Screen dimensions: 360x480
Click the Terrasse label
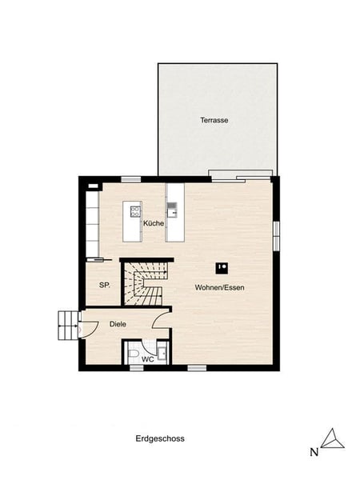[214, 120]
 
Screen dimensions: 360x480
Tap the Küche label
[154, 223]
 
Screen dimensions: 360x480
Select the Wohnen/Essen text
[219, 288]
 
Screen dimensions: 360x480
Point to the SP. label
[105, 286]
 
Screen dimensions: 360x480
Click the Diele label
[118, 324]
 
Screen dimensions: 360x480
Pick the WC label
[148, 360]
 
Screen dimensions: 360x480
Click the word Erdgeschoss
[160, 438]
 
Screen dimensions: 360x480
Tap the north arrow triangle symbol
[333, 439]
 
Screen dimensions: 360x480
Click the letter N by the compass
[314, 453]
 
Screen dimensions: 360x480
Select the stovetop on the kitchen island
[135, 211]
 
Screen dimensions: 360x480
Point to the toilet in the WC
[134, 354]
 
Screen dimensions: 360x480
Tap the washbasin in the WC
[162, 353]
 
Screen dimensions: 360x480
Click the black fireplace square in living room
[222, 268]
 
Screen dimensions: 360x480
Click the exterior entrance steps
[68, 326]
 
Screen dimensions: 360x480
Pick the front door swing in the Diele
[89, 330]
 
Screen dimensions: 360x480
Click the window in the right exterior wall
[277, 236]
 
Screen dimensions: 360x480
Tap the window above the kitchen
[131, 179]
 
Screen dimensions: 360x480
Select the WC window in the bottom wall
[137, 368]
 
